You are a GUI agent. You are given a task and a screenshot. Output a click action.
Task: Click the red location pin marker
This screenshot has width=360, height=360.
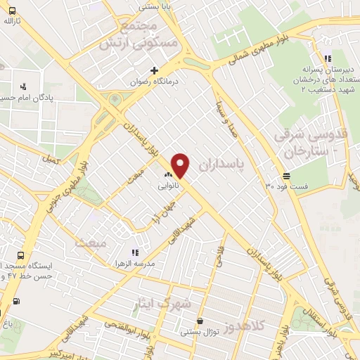[x=181, y=166]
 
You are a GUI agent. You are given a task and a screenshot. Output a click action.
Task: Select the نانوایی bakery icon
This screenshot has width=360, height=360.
[x=168, y=175]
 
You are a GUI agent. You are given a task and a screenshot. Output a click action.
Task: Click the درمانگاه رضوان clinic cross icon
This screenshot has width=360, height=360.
[x=155, y=70]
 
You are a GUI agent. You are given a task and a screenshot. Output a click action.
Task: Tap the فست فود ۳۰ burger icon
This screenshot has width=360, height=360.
[x=286, y=176]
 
